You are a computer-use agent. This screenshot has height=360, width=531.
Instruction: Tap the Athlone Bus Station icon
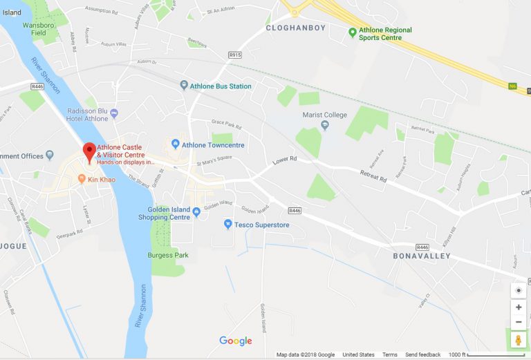(183, 86)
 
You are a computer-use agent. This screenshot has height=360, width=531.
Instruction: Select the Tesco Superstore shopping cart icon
(228, 225)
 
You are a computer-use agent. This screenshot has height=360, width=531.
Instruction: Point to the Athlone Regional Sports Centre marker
(353, 31)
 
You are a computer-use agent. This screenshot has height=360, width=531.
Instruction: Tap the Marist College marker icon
(325, 125)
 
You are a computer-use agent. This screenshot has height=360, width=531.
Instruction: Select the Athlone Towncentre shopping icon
(175, 145)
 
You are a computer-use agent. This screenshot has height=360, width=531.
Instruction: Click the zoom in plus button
(519, 307)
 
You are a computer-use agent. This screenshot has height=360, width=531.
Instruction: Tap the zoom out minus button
(519, 322)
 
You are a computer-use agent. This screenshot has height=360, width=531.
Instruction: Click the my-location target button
(519, 290)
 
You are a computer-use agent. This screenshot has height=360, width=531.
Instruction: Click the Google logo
(236, 341)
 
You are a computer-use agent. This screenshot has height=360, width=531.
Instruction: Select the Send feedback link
(422, 354)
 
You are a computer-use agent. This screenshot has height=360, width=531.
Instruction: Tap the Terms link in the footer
(390, 354)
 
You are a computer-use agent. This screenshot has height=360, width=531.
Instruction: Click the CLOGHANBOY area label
(296, 28)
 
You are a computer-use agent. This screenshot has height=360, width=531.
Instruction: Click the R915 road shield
(235, 54)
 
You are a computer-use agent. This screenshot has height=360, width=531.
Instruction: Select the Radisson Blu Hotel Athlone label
(88, 115)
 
